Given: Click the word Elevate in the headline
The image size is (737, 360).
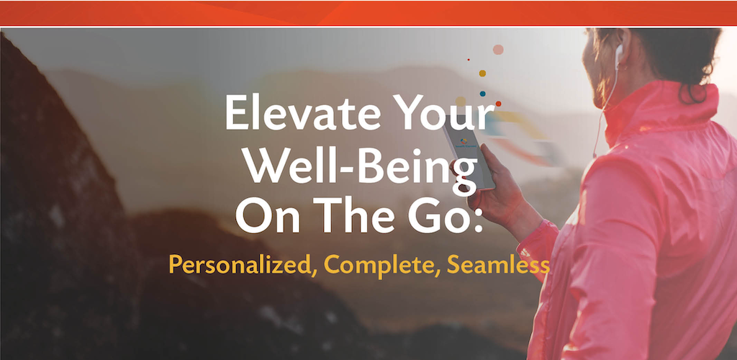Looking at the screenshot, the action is coord(303,113).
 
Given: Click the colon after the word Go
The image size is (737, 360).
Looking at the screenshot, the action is coord(478,220).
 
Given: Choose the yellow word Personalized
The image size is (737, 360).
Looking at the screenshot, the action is coord(240,264).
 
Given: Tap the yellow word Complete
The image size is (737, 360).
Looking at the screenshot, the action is coord(379,264).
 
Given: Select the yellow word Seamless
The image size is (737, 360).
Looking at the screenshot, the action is coord(498,264).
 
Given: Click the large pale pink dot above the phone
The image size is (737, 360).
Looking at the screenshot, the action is coord(498,50).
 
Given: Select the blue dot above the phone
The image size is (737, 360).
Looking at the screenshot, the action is coord(483,94).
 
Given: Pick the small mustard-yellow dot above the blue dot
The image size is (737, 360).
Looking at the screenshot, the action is coord(482,73).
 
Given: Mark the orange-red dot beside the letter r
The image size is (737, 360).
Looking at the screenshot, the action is coord(498,104).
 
